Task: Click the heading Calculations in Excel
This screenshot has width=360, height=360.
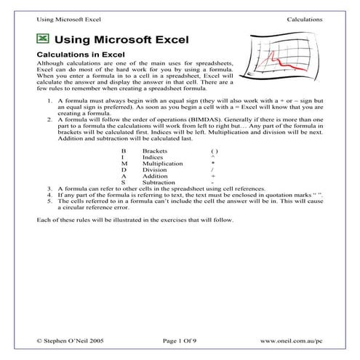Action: pyautogui.click(x=81, y=54)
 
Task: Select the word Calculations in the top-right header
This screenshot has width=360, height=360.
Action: pyautogui.click(x=305, y=17)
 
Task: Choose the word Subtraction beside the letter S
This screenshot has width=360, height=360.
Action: pyautogui.click(x=159, y=183)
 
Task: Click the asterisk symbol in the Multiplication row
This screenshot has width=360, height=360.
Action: pyautogui.click(x=212, y=163)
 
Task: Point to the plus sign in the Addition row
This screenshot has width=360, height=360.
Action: pyautogui.click(x=212, y=176)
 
